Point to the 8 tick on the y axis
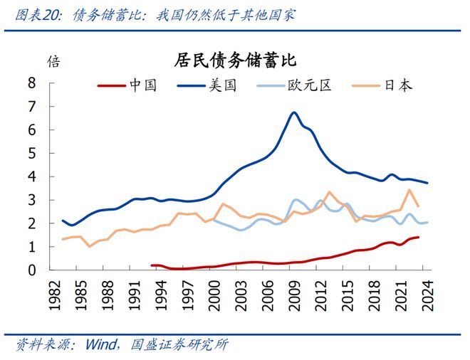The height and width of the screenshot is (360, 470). click(31, 83)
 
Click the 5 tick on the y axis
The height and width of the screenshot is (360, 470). click(31, 153)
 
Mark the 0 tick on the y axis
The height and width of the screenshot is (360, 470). click(31, 270)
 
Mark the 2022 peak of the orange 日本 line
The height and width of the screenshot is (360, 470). click(409, 189)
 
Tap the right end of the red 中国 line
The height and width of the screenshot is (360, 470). click(418, 238)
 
